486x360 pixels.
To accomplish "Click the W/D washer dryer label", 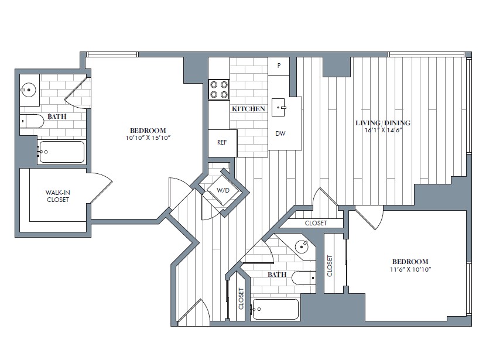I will coord(223,190).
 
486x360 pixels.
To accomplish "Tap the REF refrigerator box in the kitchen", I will coord(222,142).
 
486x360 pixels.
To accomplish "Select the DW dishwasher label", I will coord(280,133).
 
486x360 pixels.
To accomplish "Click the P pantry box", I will coord(279,66).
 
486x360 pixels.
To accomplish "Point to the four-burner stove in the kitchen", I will coord(219,89).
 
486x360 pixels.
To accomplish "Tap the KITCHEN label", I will coord(248,109).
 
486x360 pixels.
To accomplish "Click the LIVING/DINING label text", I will coord(383,123).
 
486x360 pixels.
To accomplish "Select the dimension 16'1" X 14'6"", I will coord(383,131).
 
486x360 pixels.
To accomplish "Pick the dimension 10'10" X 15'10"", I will coord(148,138).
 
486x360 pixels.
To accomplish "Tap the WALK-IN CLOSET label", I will coord(57,196).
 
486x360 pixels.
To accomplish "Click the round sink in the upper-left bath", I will coord(29,90).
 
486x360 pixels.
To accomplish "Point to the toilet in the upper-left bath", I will coord(32,121).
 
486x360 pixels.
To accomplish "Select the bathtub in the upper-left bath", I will coord(61,152).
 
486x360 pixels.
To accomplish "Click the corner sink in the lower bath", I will coord(303,246).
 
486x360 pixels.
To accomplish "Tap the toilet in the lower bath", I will coord(304,277).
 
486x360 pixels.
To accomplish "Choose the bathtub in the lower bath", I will coord(276,309).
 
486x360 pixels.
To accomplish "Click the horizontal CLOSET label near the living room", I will coord(316,223).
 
